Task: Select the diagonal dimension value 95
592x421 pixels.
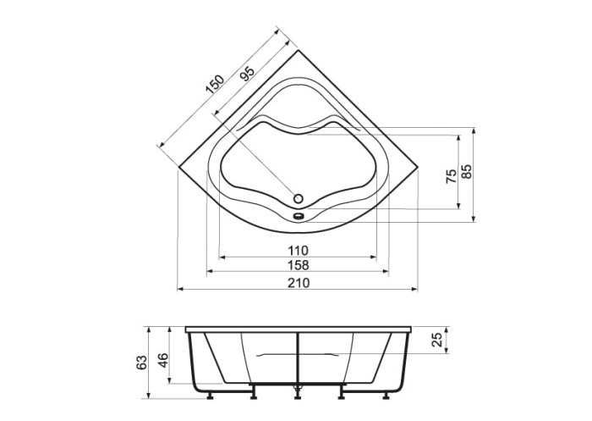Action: [247, 74]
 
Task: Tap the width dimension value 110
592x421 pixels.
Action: [297, 250]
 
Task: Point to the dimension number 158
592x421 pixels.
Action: [297, 266]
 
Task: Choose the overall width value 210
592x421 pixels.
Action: [297, 283]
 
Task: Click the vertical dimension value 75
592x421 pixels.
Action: [452, 175]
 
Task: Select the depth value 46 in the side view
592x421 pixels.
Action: [164, 357]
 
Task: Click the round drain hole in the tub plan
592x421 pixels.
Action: [297, 198]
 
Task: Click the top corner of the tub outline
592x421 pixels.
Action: [297, 49]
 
